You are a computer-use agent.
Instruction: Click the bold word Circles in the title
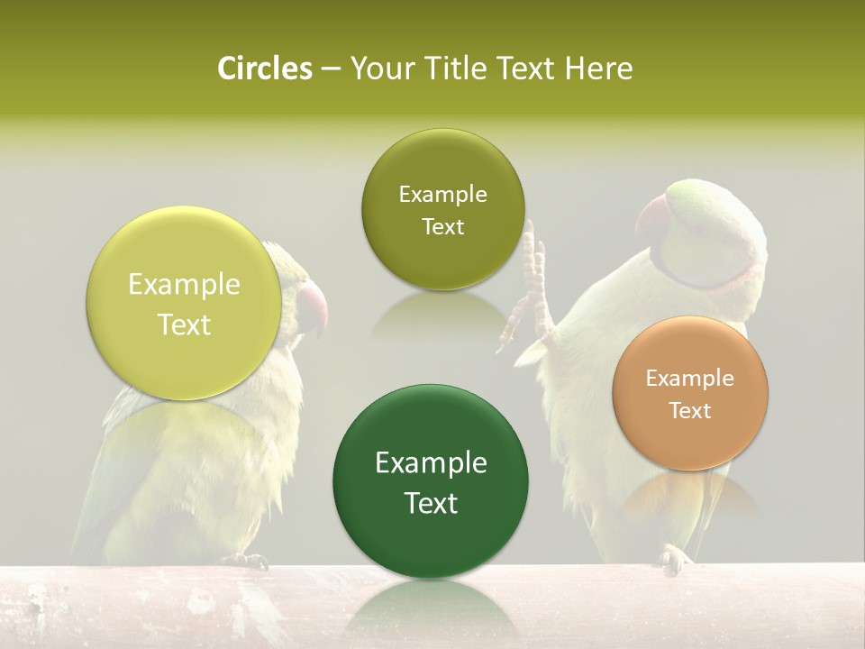point(264,69)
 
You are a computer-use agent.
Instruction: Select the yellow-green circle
point(184,304)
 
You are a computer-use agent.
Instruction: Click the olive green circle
point(442,210)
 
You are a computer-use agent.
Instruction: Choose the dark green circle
point(431,483)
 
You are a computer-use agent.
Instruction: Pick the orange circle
point(689,393)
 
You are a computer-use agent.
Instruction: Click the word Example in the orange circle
point(689,378)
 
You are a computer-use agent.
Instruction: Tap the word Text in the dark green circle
point(431,503)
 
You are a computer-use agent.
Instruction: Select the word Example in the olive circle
point(442,194)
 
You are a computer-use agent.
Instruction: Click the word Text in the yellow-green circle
point(184,324)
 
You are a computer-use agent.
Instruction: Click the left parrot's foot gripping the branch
point(247,561)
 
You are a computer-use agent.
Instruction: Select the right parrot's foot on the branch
point(673,559)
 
